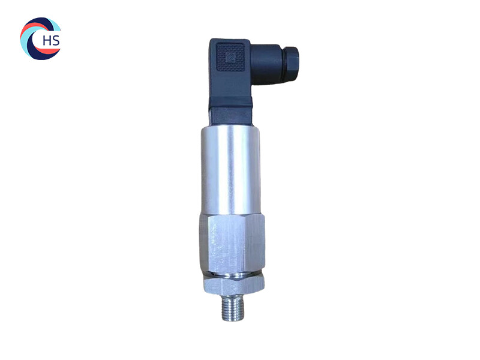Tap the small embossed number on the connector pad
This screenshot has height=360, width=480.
point(228,59)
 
